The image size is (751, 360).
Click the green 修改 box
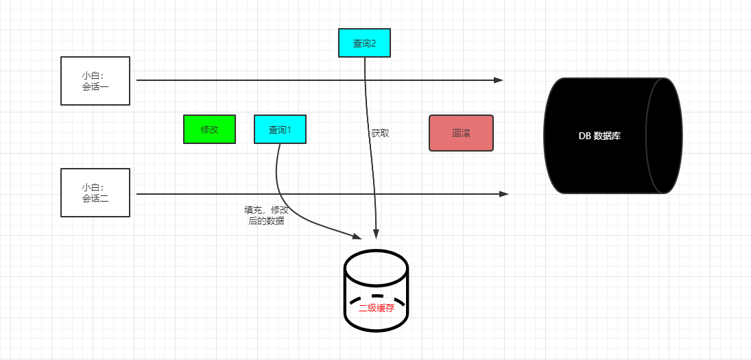209,129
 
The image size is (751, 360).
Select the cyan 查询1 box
280,129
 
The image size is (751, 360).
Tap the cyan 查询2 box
364,43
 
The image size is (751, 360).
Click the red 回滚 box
461,133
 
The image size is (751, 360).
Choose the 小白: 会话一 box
95,81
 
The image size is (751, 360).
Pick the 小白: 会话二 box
95,193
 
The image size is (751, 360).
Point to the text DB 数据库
599,136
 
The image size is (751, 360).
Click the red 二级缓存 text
377,309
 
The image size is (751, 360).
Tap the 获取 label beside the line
380,134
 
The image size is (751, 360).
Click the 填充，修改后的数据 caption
266,215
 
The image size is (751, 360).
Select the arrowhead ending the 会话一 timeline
499,80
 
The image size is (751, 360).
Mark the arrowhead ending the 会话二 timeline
504,194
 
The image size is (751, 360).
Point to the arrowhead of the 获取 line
377,233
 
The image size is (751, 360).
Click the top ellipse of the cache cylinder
376,267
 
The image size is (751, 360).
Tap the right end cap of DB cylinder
664,136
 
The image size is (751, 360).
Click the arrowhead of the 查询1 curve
357,237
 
